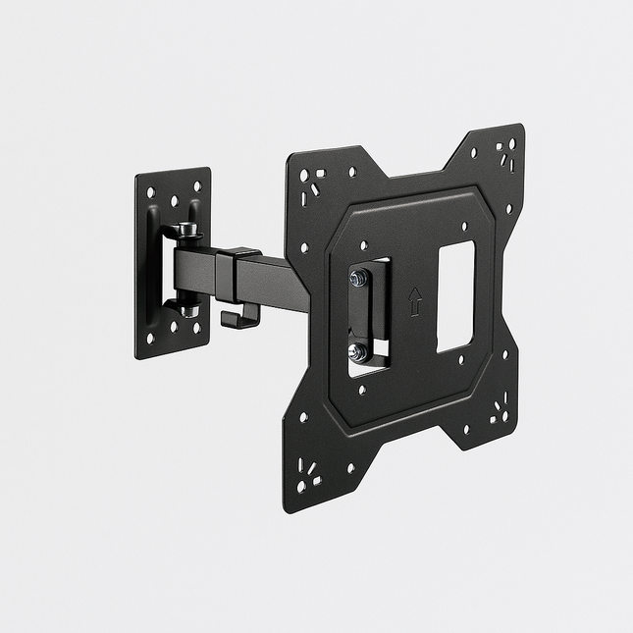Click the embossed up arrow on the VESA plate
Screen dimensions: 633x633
pos(414,301)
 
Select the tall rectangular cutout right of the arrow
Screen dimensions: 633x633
pos(455,296)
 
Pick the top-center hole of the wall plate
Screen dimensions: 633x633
pos(174,199)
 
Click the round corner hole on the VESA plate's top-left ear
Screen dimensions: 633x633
pos(304,175)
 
